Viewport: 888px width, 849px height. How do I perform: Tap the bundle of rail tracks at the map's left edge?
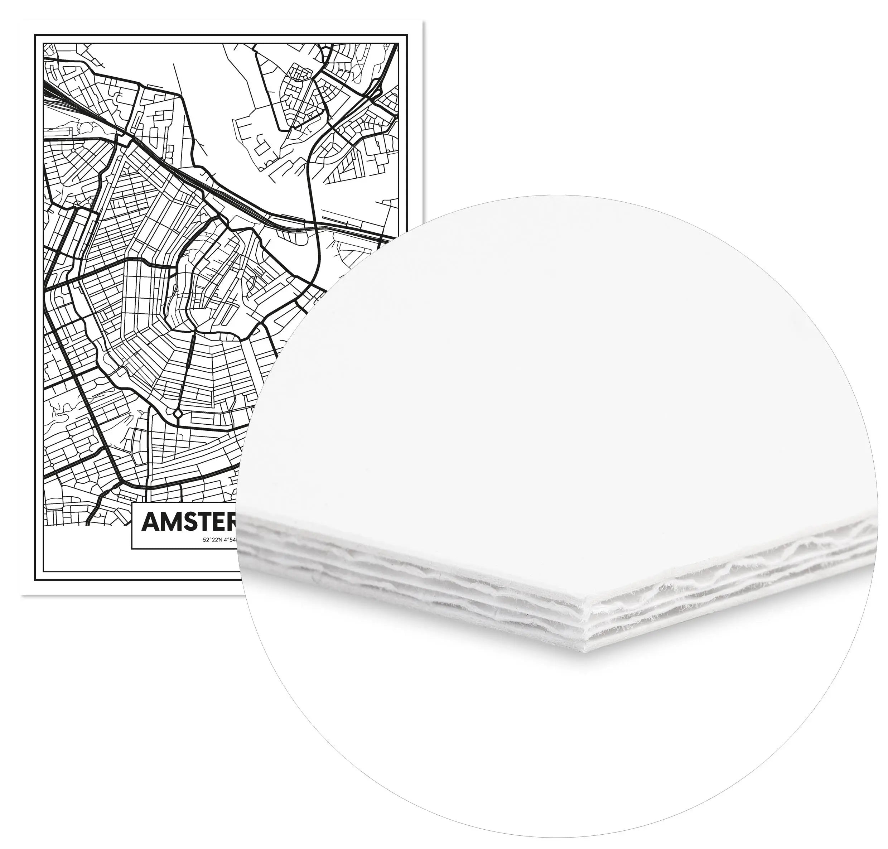(x=54, y=102)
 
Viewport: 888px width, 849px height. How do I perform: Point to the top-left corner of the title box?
(x=132, y=501)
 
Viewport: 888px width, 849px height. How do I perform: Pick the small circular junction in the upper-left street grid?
(x=73, y=149)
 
